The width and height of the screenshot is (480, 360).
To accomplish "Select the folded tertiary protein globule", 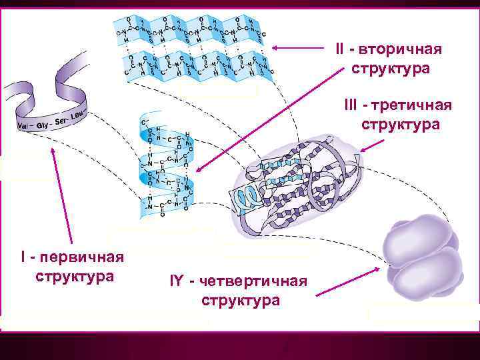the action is [300, 180].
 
